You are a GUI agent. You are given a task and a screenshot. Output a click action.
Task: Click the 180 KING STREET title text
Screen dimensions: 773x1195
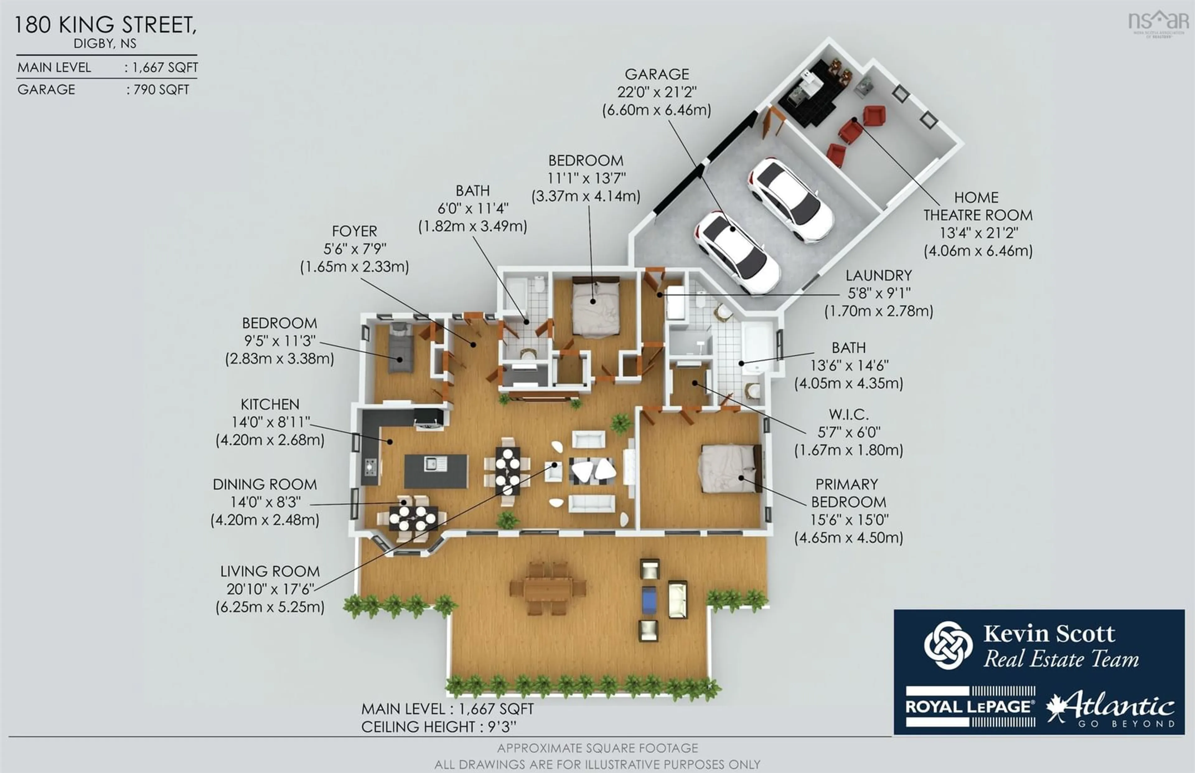pyautogui.click(x=105, y=25)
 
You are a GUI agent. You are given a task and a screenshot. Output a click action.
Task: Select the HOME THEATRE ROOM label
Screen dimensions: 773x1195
pyautogui.click(x=977, y=206)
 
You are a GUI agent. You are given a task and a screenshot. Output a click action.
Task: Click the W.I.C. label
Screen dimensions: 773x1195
pyautogui.click(x=849, y=414)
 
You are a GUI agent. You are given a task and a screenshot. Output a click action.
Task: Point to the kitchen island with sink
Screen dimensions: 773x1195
pyautogui.click(x=435, y=471)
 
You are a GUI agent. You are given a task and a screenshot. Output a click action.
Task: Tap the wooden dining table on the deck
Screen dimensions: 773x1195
pyautogui.click(x=548, y=588)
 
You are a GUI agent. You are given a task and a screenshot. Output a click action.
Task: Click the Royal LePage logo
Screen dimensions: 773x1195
pyautogui.click(x=969, y=707)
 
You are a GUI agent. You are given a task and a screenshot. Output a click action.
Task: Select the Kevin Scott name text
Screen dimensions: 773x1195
pyautogui.click(x=1048, y=634)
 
